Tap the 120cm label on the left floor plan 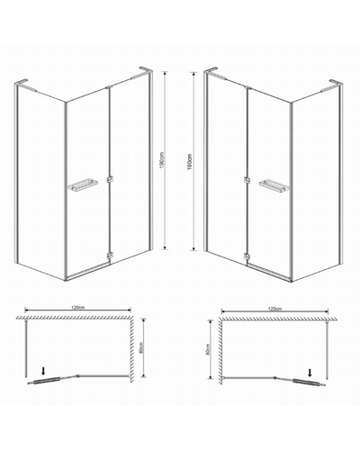click(77, 308)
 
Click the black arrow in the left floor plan click(43, 372)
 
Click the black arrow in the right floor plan click(310, 373)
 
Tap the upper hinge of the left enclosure click(110, 180)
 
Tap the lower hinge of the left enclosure click(110, 256)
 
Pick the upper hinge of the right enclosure click(247, 180)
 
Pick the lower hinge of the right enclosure click(247, 256)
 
